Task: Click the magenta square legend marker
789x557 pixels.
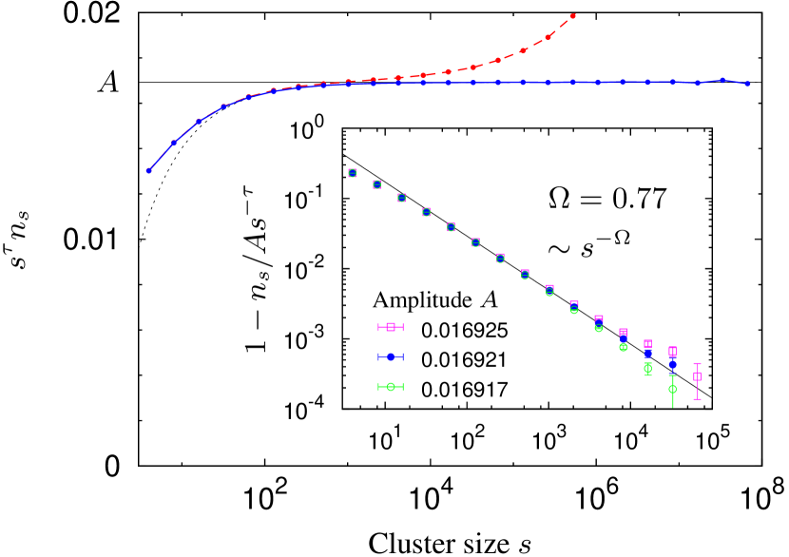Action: [391, 327]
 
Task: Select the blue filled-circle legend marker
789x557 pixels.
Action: [391, 356]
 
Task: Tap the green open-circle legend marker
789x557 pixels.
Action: [391, 387]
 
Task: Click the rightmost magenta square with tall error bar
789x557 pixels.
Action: [697, 376]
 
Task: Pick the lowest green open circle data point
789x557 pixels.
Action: [672, 389]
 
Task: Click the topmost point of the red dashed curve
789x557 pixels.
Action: [572, 16]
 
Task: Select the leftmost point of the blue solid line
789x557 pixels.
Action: [149, 171]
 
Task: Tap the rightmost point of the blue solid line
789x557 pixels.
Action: [747, 84]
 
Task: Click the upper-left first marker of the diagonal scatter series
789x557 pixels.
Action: [352, 173]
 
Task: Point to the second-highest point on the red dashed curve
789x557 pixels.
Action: [548, 37]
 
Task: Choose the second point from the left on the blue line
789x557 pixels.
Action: [174, 143]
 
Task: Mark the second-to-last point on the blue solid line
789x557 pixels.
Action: [722, 81]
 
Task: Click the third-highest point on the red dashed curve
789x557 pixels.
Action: [523, 50]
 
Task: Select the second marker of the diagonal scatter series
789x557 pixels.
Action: [376, 184]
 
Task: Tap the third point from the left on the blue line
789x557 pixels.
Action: [199, 122]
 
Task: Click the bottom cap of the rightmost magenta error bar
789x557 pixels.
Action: [697, 399]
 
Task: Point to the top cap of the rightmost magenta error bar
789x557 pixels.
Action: [697, 363]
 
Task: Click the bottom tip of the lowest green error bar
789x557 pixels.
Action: [672, 407]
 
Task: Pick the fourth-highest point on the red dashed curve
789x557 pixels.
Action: [498, 60]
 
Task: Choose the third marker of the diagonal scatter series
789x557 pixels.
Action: [401, 198]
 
